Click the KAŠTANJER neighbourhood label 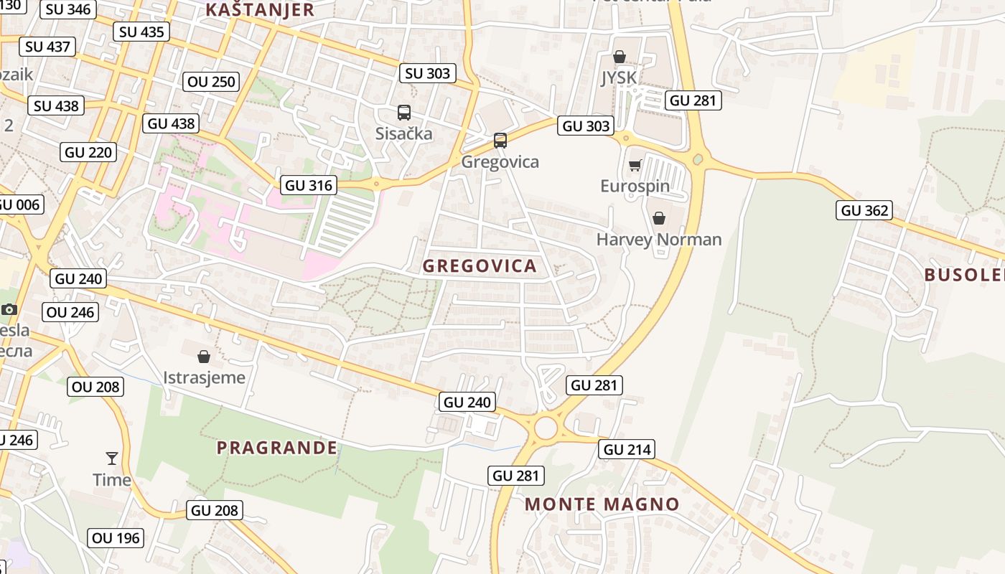pyautogui.click(x=260, y=10)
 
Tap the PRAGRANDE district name pyautogui.click(x=277, y=448)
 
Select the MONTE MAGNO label pyautogui.click(x=602, y=504)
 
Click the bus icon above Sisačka pyautogui.click(x=404, y=113)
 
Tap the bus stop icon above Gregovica pyautogui.click(x=500, y=141)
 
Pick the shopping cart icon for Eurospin pyautogui.click(x=635, y=166)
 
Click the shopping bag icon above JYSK pyautogui.click(x=620, y=57)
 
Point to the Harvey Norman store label pyautogui.click(x=659, y=240)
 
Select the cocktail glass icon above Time pyautogui.click(x=112, y=458)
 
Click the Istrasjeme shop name pyautogui.click(x=204, y=377)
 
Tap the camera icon pyautogui.click(x=9, y=309)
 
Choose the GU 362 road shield pyautogui.click(x=864, y=210)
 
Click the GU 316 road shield pyautogui.click(x=309, y=185)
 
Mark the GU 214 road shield pyautogui.click(x=627, y=450)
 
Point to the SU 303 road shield pyautogui.click(x=427, y=73)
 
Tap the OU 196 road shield pyautogui.click(x=116, y=537)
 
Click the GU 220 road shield pyautogui.click(x=88, y=152)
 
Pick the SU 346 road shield pyautogui.click(x=67, y=9)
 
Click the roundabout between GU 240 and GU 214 pyautogui.click(x=546, y=428)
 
